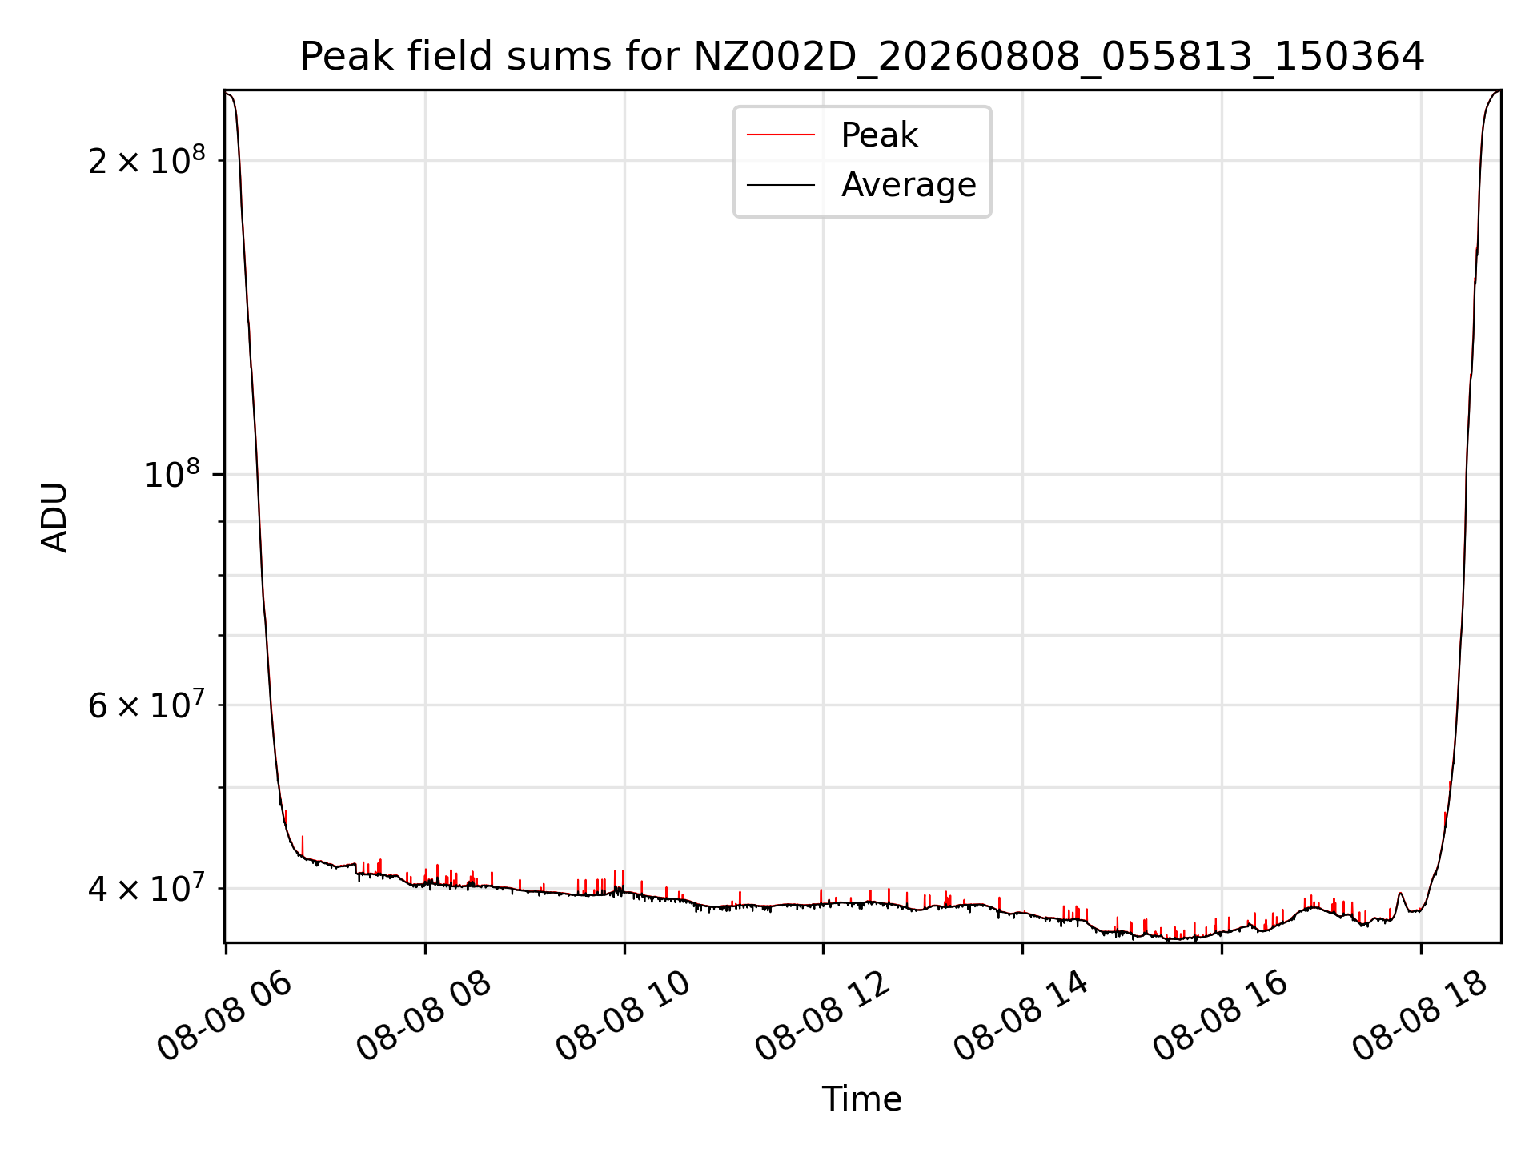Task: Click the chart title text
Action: (862, 57)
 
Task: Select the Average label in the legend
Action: (909, 185)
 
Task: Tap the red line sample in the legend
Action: (781, 135)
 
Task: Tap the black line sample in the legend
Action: (781, 185)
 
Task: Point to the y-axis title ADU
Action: (54, 516)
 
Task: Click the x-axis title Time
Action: (862, 1099)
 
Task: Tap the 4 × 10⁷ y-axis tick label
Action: (146, 887)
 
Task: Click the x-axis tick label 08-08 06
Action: (225, 1015)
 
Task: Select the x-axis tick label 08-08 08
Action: (424, 1015)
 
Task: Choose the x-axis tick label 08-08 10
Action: (624, 1015)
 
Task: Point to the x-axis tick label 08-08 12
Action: (823, 1015)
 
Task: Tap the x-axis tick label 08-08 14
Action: (1022, 1015)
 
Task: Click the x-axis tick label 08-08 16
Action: (1222, 1015)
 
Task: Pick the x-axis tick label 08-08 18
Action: (1421, 1015)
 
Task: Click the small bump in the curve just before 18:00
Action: (1400, 894)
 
